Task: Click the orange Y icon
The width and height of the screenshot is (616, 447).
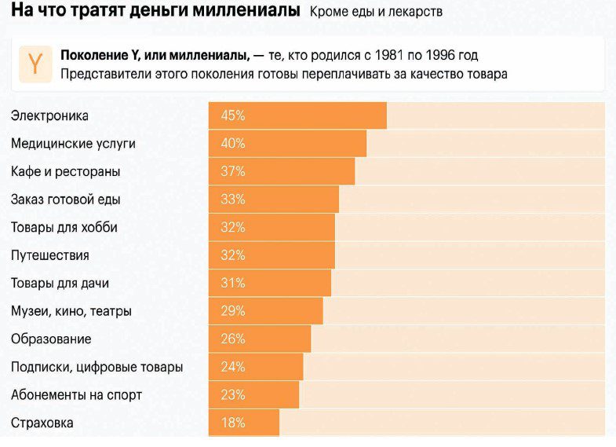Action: [35, 64]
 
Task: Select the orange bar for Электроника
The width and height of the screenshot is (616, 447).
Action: [297, 115]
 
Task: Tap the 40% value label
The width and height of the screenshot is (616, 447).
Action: [233, 144]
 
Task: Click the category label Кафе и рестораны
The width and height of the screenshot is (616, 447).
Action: [65, 171]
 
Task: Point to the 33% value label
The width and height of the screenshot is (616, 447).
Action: [233, 200]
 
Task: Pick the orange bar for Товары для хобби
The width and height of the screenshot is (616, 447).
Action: [272, 228]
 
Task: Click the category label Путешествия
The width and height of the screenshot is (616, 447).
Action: [49, 255]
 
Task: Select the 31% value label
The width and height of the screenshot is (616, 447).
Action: [233, 284]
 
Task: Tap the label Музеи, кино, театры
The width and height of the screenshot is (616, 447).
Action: [71, 311]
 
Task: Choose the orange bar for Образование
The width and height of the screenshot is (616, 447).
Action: [260, 339]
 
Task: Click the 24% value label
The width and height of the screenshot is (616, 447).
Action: [233, 367]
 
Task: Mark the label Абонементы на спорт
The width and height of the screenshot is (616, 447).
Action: [76, 395]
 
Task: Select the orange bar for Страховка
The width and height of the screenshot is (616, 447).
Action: [244, 423]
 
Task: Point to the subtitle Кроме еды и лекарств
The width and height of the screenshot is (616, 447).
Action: [376, 12]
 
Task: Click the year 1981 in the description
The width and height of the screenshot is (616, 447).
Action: [390, 56]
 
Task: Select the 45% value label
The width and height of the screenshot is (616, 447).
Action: [233, 115]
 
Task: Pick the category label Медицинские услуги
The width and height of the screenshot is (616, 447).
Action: [73, 144]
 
